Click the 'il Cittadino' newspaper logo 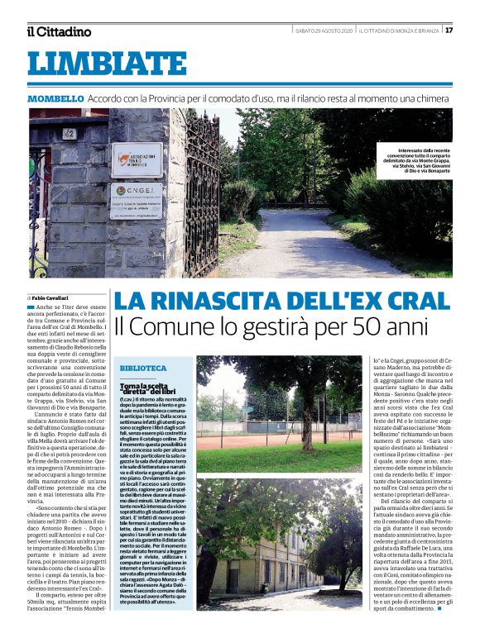58,31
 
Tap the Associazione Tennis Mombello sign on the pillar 137,159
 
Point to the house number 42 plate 69,132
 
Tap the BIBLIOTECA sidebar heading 142,368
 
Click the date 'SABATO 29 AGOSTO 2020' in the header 324,31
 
